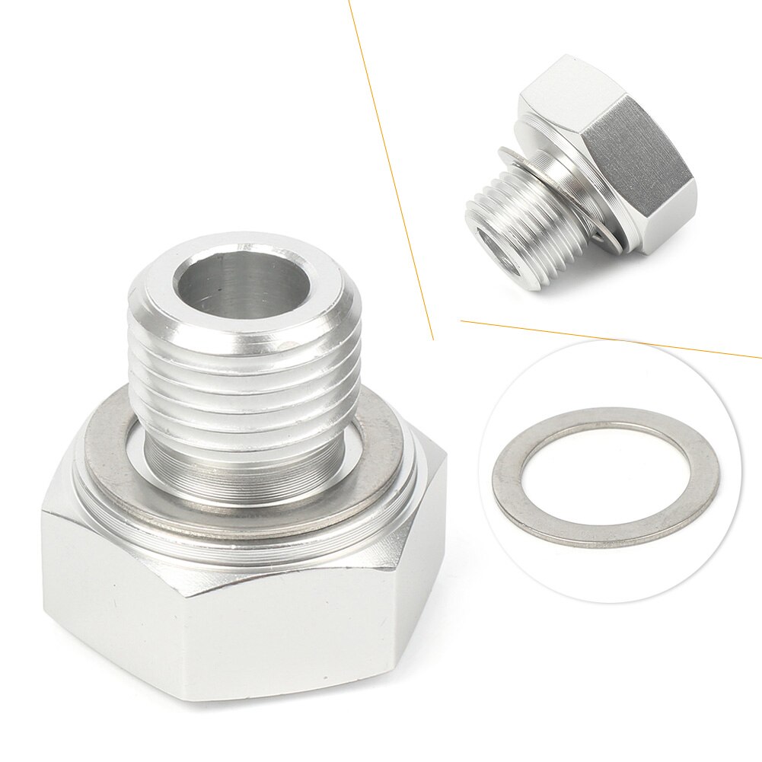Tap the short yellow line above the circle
coord(609,340)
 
